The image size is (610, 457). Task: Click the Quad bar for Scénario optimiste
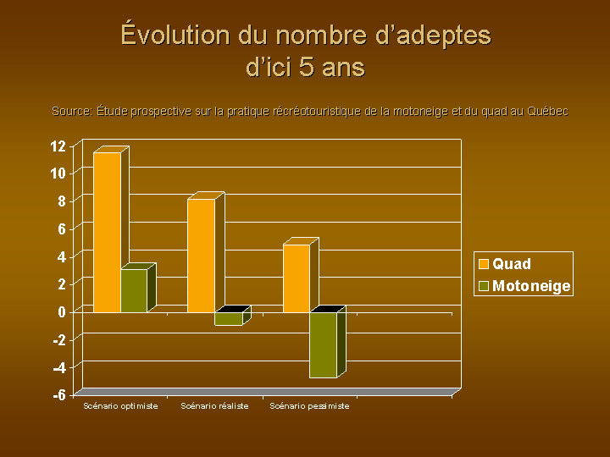(108, 233)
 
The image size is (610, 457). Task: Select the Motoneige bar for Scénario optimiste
(134, 290)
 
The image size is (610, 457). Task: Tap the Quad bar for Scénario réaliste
(202, 256)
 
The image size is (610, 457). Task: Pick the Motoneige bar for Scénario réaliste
(229, 319)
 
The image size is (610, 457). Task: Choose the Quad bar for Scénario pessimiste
(297, 278)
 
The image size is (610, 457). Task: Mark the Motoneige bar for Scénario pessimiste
(324, 344)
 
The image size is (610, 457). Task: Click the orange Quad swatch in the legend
(484, 264)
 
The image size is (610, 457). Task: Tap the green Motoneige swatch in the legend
(484, 286)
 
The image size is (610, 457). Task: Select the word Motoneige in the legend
(531, 286)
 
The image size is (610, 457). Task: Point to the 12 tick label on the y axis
(58, 146)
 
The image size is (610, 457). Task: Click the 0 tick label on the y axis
(62, 311)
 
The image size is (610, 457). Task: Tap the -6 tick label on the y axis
(59, 395)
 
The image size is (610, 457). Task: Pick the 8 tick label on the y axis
(62, 201)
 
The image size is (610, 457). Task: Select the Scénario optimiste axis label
(120, 406)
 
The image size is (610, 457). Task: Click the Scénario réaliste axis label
(214, 406)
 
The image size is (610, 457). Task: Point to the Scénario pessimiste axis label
(310, 406)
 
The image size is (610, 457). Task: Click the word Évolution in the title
(175, 34)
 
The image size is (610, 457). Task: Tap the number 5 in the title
(307, 67)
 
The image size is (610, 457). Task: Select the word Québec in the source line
(548, 111)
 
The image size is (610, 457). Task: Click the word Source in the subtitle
(72, 111)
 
